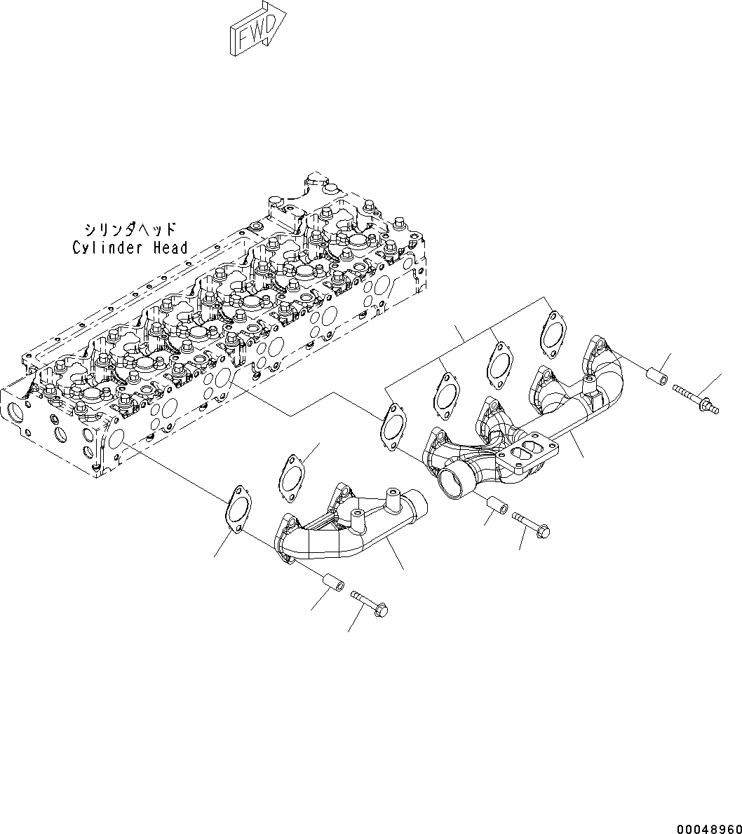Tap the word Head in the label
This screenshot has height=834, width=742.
tap(171, 247)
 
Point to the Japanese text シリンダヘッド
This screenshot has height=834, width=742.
tap(130, 229)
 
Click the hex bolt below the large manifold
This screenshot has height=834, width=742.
tap(532, 521)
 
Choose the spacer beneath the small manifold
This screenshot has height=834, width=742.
tap(330, 584)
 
